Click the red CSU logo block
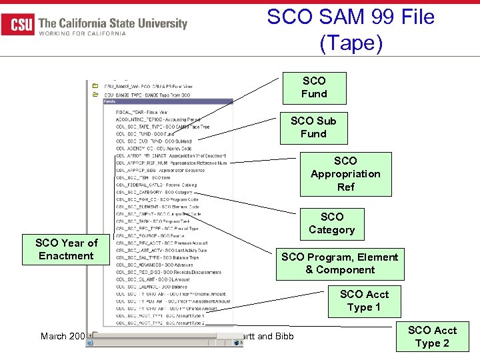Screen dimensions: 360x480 point(18,25)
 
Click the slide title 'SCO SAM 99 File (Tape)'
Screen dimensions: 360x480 point(351,29)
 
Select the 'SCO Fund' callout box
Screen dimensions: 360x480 point(314,87)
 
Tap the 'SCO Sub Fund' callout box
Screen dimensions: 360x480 point(313,127)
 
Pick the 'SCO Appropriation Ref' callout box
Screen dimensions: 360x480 point(345,174)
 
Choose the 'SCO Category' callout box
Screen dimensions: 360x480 point(331,223)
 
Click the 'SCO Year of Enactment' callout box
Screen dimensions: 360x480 point(66,249)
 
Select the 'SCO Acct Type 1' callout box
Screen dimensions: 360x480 point(364,301)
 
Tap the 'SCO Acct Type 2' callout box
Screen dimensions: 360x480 point(432,337)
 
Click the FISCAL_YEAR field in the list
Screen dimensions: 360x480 point(143,112)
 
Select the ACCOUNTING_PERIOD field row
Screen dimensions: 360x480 point(157,119)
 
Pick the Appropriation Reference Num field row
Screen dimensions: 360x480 point(171,162)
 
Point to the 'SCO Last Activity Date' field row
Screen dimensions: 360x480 point(160,249)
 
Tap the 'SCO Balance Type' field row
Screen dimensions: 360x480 point(157,257)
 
